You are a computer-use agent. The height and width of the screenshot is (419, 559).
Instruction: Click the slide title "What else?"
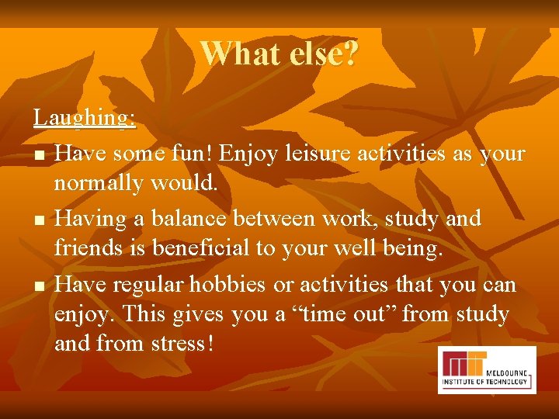(279, 54)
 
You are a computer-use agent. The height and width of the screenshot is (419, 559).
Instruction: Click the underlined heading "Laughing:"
(85, 118)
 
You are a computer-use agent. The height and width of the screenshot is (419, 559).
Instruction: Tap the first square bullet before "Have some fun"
(39, 157)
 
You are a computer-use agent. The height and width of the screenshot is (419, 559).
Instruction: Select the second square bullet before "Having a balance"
(39, 222)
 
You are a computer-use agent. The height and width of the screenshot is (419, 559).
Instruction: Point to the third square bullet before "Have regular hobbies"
(39, 287)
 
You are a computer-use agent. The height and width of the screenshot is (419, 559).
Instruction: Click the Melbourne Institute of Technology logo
(486, 370)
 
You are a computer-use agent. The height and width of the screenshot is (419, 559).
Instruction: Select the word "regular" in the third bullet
(148, 284)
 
